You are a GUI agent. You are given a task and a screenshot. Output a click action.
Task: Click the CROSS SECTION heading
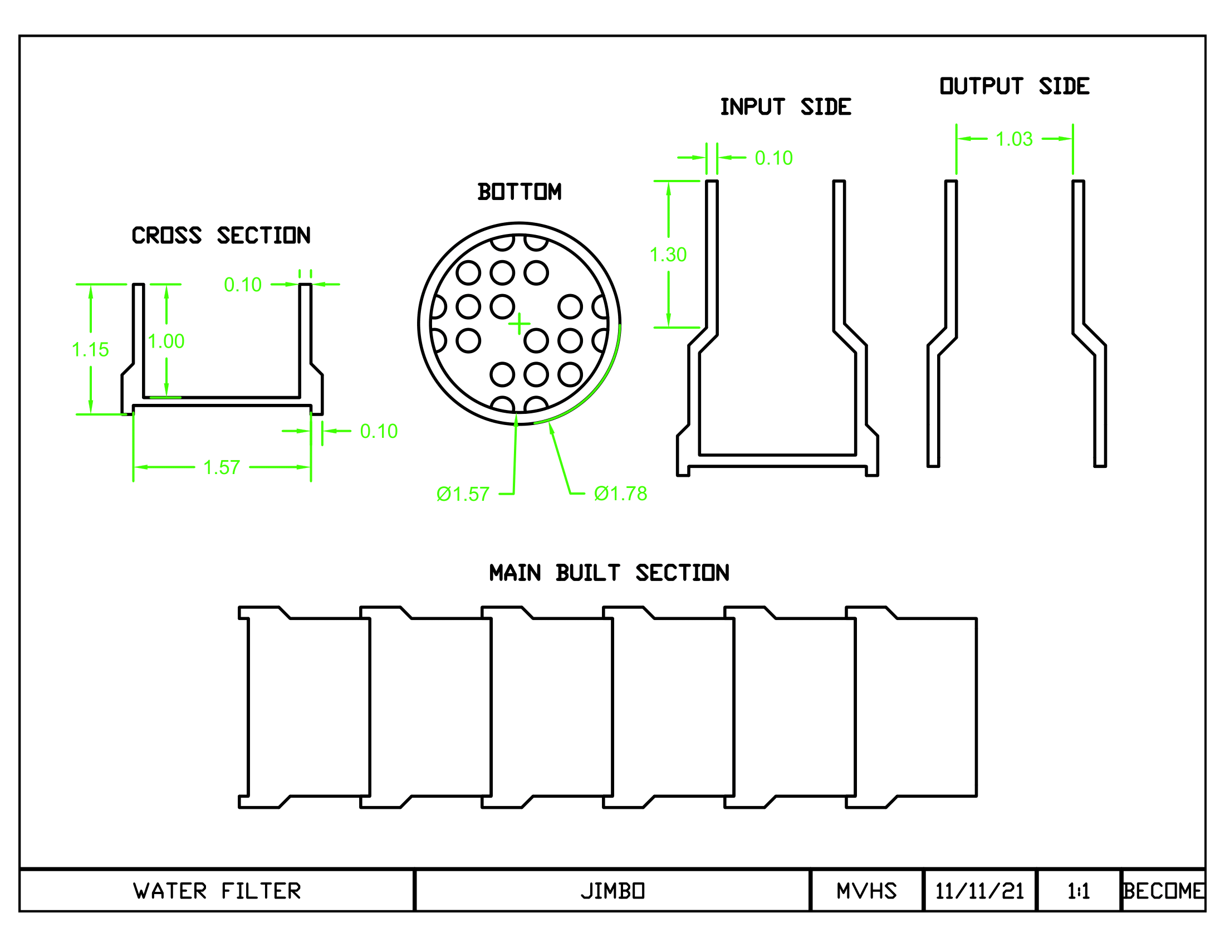(221, 236)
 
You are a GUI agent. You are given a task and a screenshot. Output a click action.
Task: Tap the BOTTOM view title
(520, 192)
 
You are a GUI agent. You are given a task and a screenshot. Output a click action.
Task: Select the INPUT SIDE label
(786, 106)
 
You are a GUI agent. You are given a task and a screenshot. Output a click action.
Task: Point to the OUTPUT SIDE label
(1015, 86)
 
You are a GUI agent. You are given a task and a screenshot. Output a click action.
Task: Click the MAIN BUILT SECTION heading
(609, 573)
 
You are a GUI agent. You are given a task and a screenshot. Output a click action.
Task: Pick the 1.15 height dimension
(90, 349)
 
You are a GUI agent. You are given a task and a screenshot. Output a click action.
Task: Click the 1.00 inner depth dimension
(166, 341)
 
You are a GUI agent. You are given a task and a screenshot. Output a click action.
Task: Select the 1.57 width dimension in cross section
(222, 467)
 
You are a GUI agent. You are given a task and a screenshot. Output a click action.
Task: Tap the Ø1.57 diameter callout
(463, 494)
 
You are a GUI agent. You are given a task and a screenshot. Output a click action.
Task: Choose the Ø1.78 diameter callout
(621, 494)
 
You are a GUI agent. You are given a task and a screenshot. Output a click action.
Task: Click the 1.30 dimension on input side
(668, 255)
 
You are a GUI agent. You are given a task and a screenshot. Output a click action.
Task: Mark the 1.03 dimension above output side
(1014, 139)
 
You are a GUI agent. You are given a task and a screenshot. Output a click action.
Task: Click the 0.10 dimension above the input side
(774, 158)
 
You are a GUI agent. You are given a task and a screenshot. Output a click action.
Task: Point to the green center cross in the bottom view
(520, 324)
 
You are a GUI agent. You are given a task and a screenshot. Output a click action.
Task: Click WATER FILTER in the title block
(217, 891)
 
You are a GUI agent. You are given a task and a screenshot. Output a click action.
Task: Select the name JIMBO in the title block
(612, 891)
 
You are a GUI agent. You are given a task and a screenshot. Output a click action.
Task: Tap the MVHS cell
(866, 891)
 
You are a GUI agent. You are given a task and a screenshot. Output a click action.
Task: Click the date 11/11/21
(980, 891)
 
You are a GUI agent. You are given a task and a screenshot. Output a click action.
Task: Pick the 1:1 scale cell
(1079, 891)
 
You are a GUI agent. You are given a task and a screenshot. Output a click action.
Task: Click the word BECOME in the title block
(1163, 891)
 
